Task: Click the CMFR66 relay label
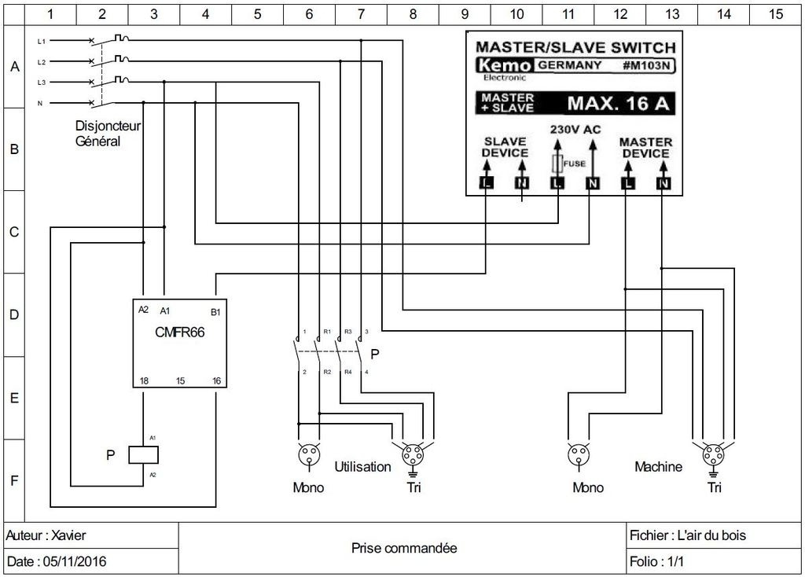pos(180,333)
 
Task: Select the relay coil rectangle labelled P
pos(143,455)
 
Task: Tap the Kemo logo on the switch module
pos(504,65)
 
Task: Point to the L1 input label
pos(42,41)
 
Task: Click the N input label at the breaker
pos(40,103)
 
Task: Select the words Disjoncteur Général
pos(108,134)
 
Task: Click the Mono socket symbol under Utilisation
pos(309,455)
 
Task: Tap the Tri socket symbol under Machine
pos(713,456)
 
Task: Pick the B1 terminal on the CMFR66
pos(215,311)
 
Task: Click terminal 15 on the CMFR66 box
pos(180,381)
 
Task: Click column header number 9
pos(465,14)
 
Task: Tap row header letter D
pos(14,314)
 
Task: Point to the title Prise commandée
pos(404,548)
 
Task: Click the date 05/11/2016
pos(75,561)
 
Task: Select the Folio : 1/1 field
pos(656,561)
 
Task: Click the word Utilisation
pos(362,467)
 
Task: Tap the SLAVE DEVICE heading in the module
pos(505,147)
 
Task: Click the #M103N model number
pos(646,65)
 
